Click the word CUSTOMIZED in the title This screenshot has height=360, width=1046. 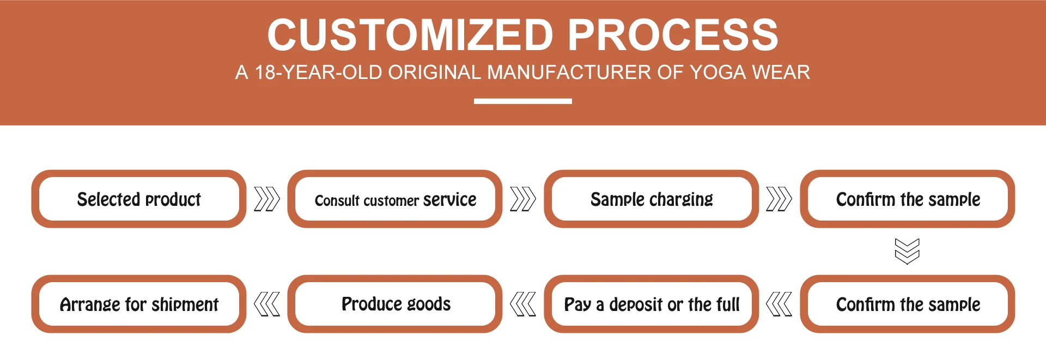pos(410,35)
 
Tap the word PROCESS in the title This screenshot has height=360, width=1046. pos(673,35)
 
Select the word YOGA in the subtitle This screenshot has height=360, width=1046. pos(717,72)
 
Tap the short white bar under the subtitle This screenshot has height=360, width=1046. pos(523,101)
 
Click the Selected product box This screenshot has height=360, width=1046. pos(139,199)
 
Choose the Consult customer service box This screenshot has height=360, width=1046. pos(395,199)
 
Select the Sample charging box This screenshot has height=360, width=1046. pos(652,199)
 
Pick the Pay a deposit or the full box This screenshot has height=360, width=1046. pos(652,304)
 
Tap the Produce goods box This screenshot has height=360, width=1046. pos(395,304)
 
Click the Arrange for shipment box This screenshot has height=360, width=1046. pos(139,304)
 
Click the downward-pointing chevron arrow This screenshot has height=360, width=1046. pos(907,251)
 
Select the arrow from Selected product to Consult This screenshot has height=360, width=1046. pos(267,199)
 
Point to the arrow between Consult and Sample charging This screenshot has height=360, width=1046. pos(523,199)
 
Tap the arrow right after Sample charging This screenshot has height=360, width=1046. pos(779,199)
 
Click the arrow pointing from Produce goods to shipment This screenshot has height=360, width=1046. pos(267,304)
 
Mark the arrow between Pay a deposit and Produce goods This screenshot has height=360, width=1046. pos(523,304)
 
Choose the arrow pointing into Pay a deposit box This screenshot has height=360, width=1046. pos(779,304)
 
